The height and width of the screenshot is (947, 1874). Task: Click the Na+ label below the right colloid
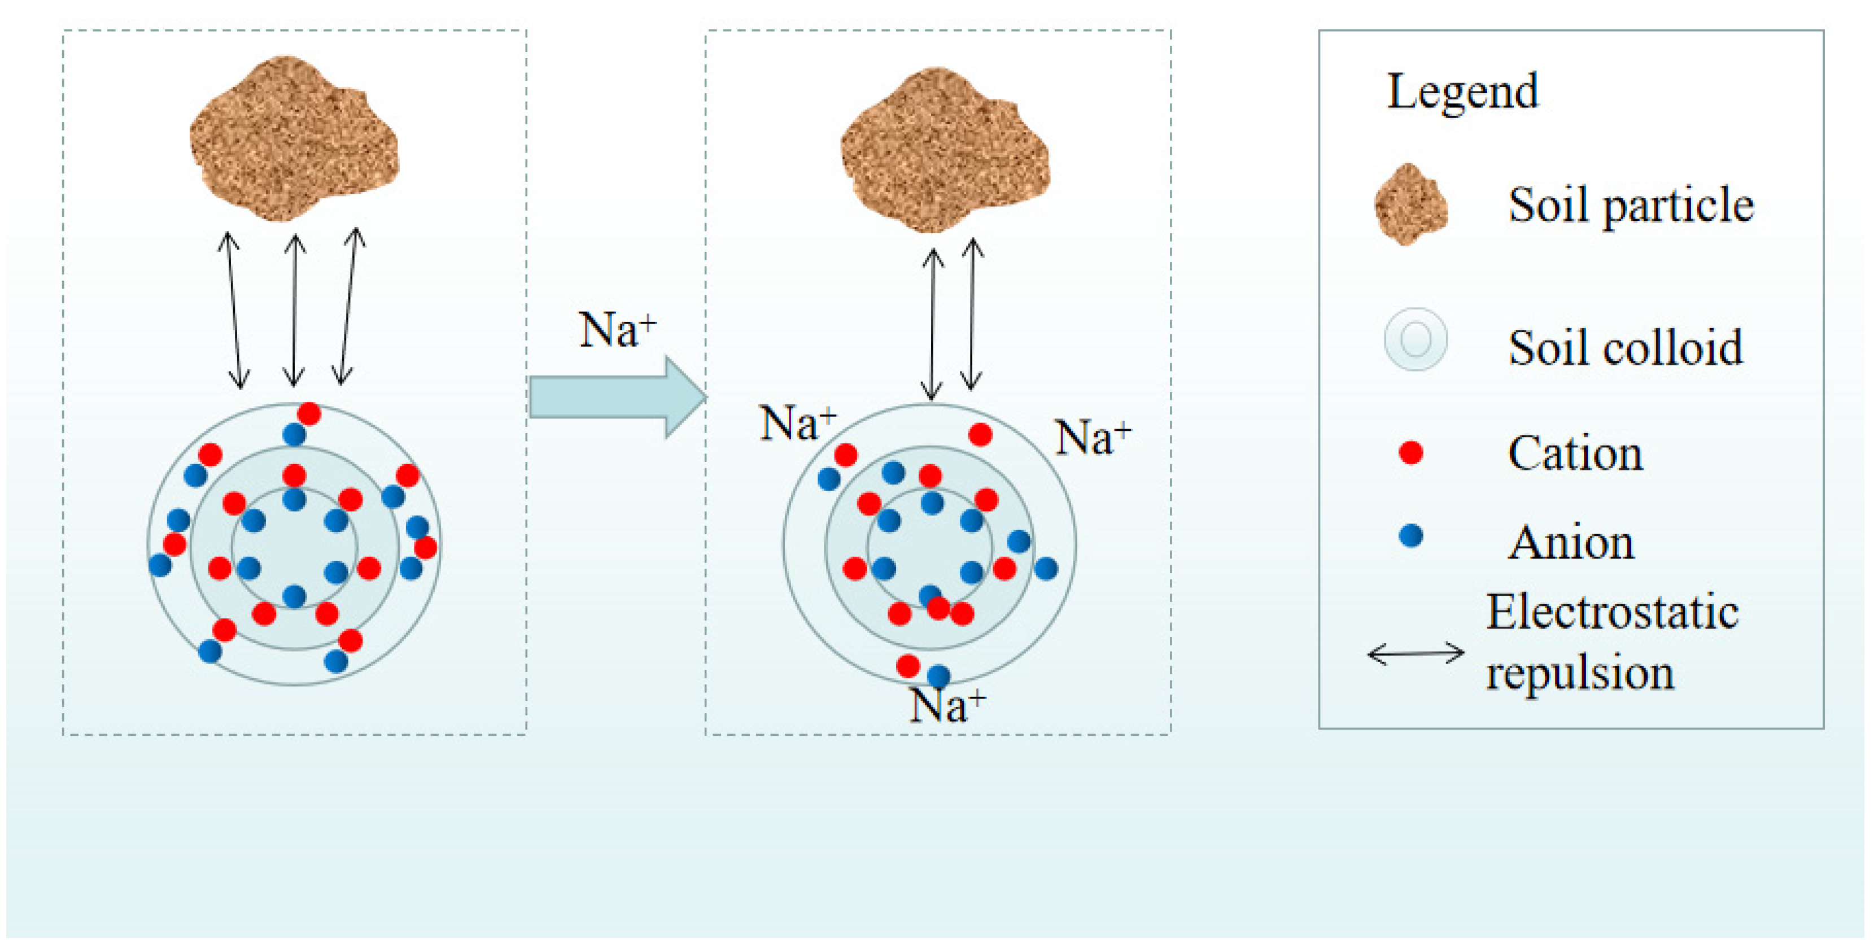(947, 705)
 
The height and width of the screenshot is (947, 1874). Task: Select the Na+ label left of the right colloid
(797, 424)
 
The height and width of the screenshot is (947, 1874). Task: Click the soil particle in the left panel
(293, 138)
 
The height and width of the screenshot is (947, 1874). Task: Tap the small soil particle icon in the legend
(1410, 205)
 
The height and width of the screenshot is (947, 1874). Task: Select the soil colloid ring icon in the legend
(1415, 340)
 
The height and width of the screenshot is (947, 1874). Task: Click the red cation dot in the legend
(1410, 452)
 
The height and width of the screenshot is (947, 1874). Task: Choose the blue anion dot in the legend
(1410, 536)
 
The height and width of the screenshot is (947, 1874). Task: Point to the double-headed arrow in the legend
(1416, 653)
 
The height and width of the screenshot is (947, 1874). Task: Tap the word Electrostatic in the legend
(1612, 611)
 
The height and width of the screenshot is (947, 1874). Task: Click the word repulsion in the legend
(1579, 672)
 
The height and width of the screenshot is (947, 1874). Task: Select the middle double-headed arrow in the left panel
(294, 310)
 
